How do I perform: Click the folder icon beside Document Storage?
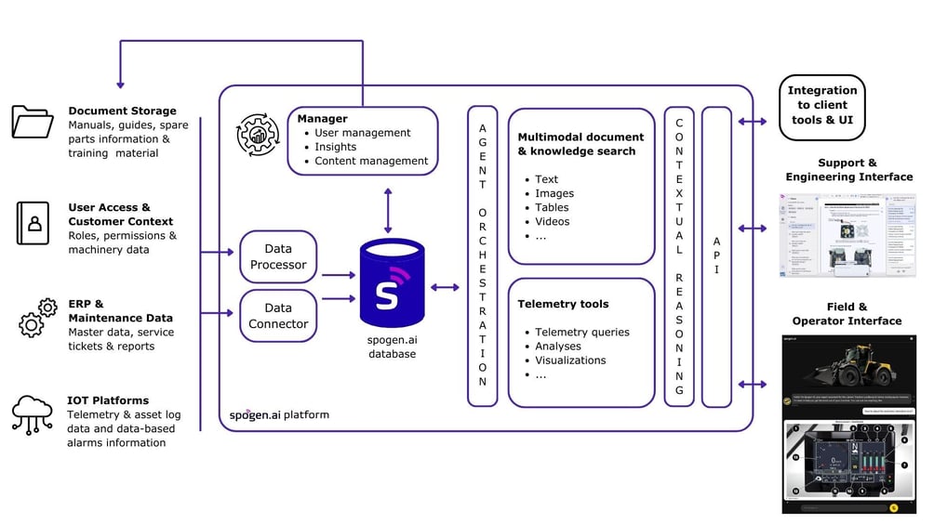pyautogui.click(x=33, y=122)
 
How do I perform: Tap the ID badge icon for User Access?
pyautogui.click(x=33, y=223)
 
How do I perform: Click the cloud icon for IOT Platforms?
pyautogui.click(x=33, y=413)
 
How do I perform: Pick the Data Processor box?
pyautogui.click(x=278, y=256)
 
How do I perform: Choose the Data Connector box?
pyautogui.click(x=278, y=316)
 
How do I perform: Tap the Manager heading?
pyautogui.click(x=322, y=119)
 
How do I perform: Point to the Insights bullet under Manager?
pyautogui.click(x=335, y=147)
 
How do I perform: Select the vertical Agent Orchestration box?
pyautogui.click(x=482, y=255)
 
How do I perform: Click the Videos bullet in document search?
pyautogui.click(x=552, y=221)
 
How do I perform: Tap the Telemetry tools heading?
pyautogui.click(x=563, y=304)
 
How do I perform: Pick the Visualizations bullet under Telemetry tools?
pyautogui.click(x=570, y=360)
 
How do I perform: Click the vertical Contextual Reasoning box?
pyautogui.click(x=679, y=255)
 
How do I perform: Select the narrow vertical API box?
pyautogui.click(x=716, y=255)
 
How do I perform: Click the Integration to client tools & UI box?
pyautogui.click(x=821, y=106)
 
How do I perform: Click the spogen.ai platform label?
pyautogui.click(x=279, y=414)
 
